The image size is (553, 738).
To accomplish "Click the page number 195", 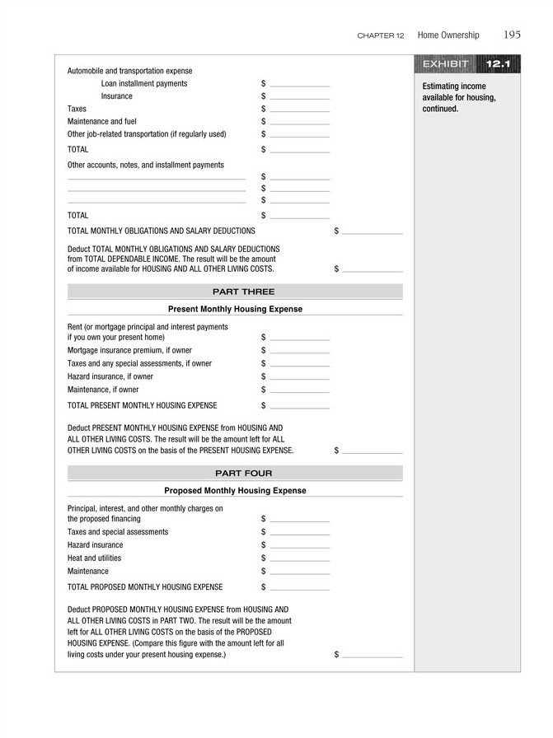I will point(511,35).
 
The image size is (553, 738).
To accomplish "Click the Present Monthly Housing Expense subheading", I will point(235,309).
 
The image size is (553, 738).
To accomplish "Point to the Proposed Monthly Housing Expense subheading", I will point(235,490).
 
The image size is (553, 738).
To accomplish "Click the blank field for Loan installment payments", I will point(299,83).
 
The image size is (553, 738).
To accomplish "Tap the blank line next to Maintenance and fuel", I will point(299,121).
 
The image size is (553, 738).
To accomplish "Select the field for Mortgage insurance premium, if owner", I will point(299,350).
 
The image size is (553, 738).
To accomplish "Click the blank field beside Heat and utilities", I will point(299,558).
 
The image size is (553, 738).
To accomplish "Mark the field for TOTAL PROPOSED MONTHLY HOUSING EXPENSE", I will point(299,587).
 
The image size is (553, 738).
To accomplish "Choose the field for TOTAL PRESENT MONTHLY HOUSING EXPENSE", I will point(299,405).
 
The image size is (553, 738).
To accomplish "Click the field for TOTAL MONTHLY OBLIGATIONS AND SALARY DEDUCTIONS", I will point(373,231).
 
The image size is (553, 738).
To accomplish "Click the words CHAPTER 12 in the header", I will point(381,35).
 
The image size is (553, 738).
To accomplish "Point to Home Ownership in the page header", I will point(448,35).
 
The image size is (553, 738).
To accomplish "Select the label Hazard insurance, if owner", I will point(110,376).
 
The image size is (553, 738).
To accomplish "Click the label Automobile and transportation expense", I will point(129,71).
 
